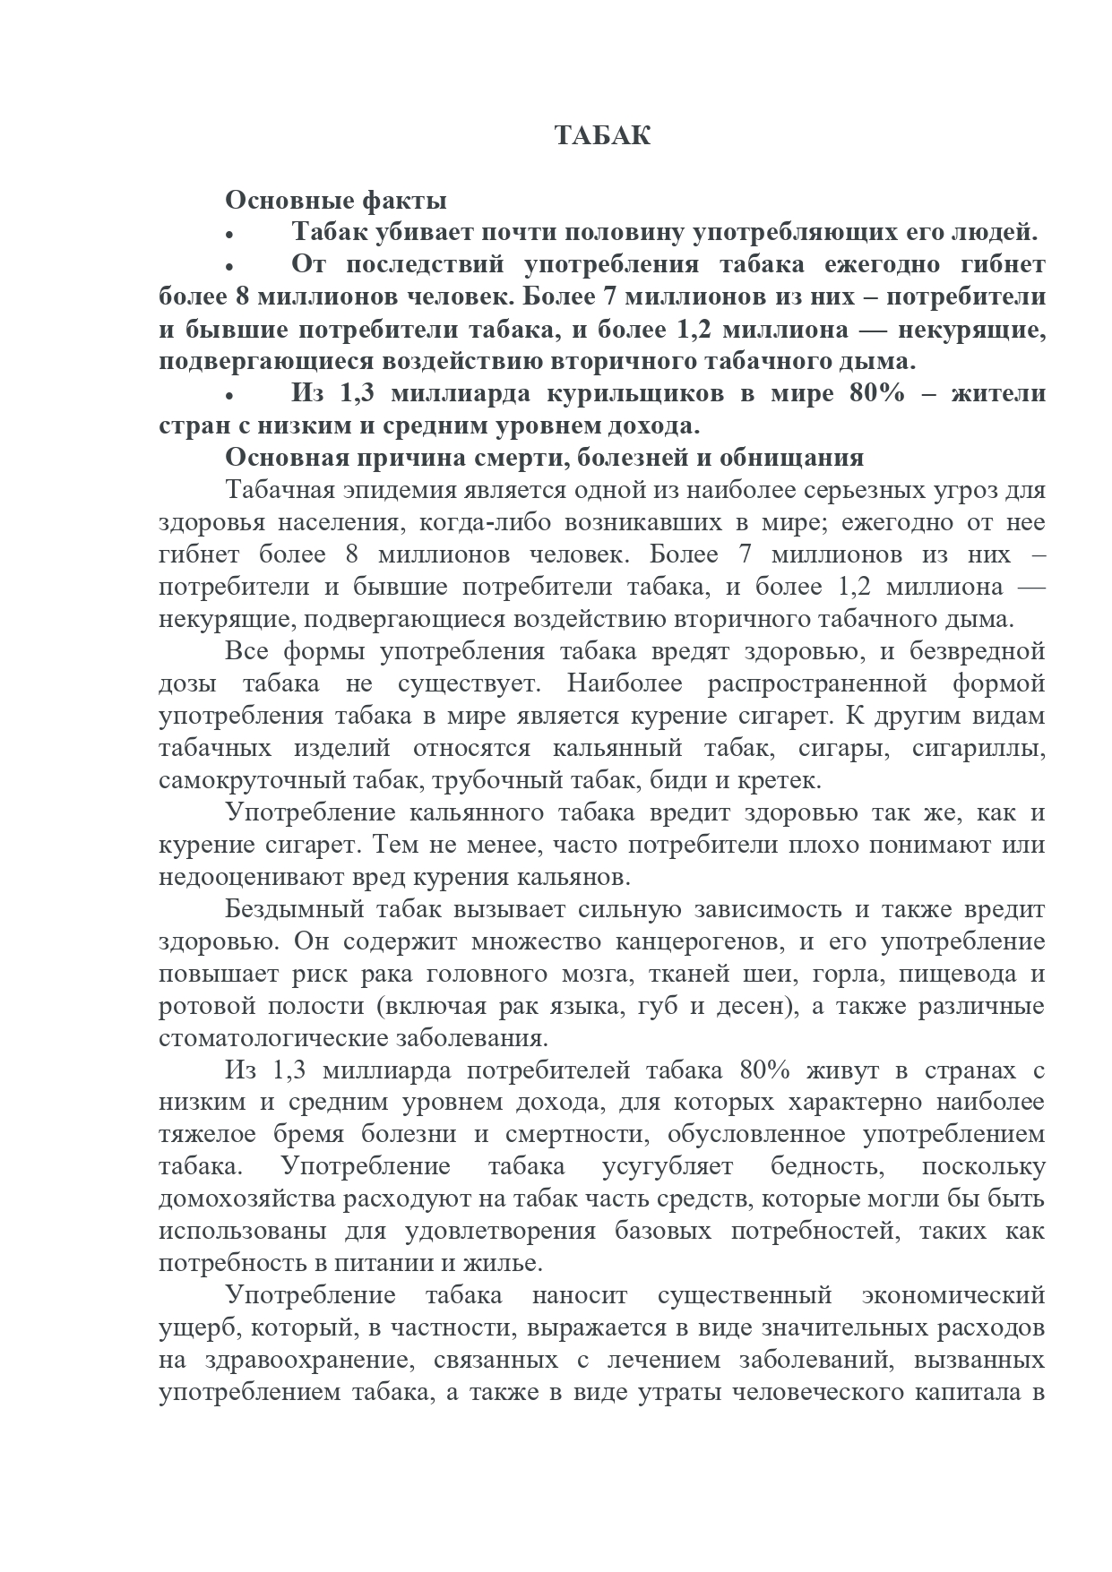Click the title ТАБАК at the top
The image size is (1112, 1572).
(602, 136)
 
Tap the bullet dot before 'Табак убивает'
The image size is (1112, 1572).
(230, 235)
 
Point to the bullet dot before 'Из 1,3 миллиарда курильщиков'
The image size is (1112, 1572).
(230, 396)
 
